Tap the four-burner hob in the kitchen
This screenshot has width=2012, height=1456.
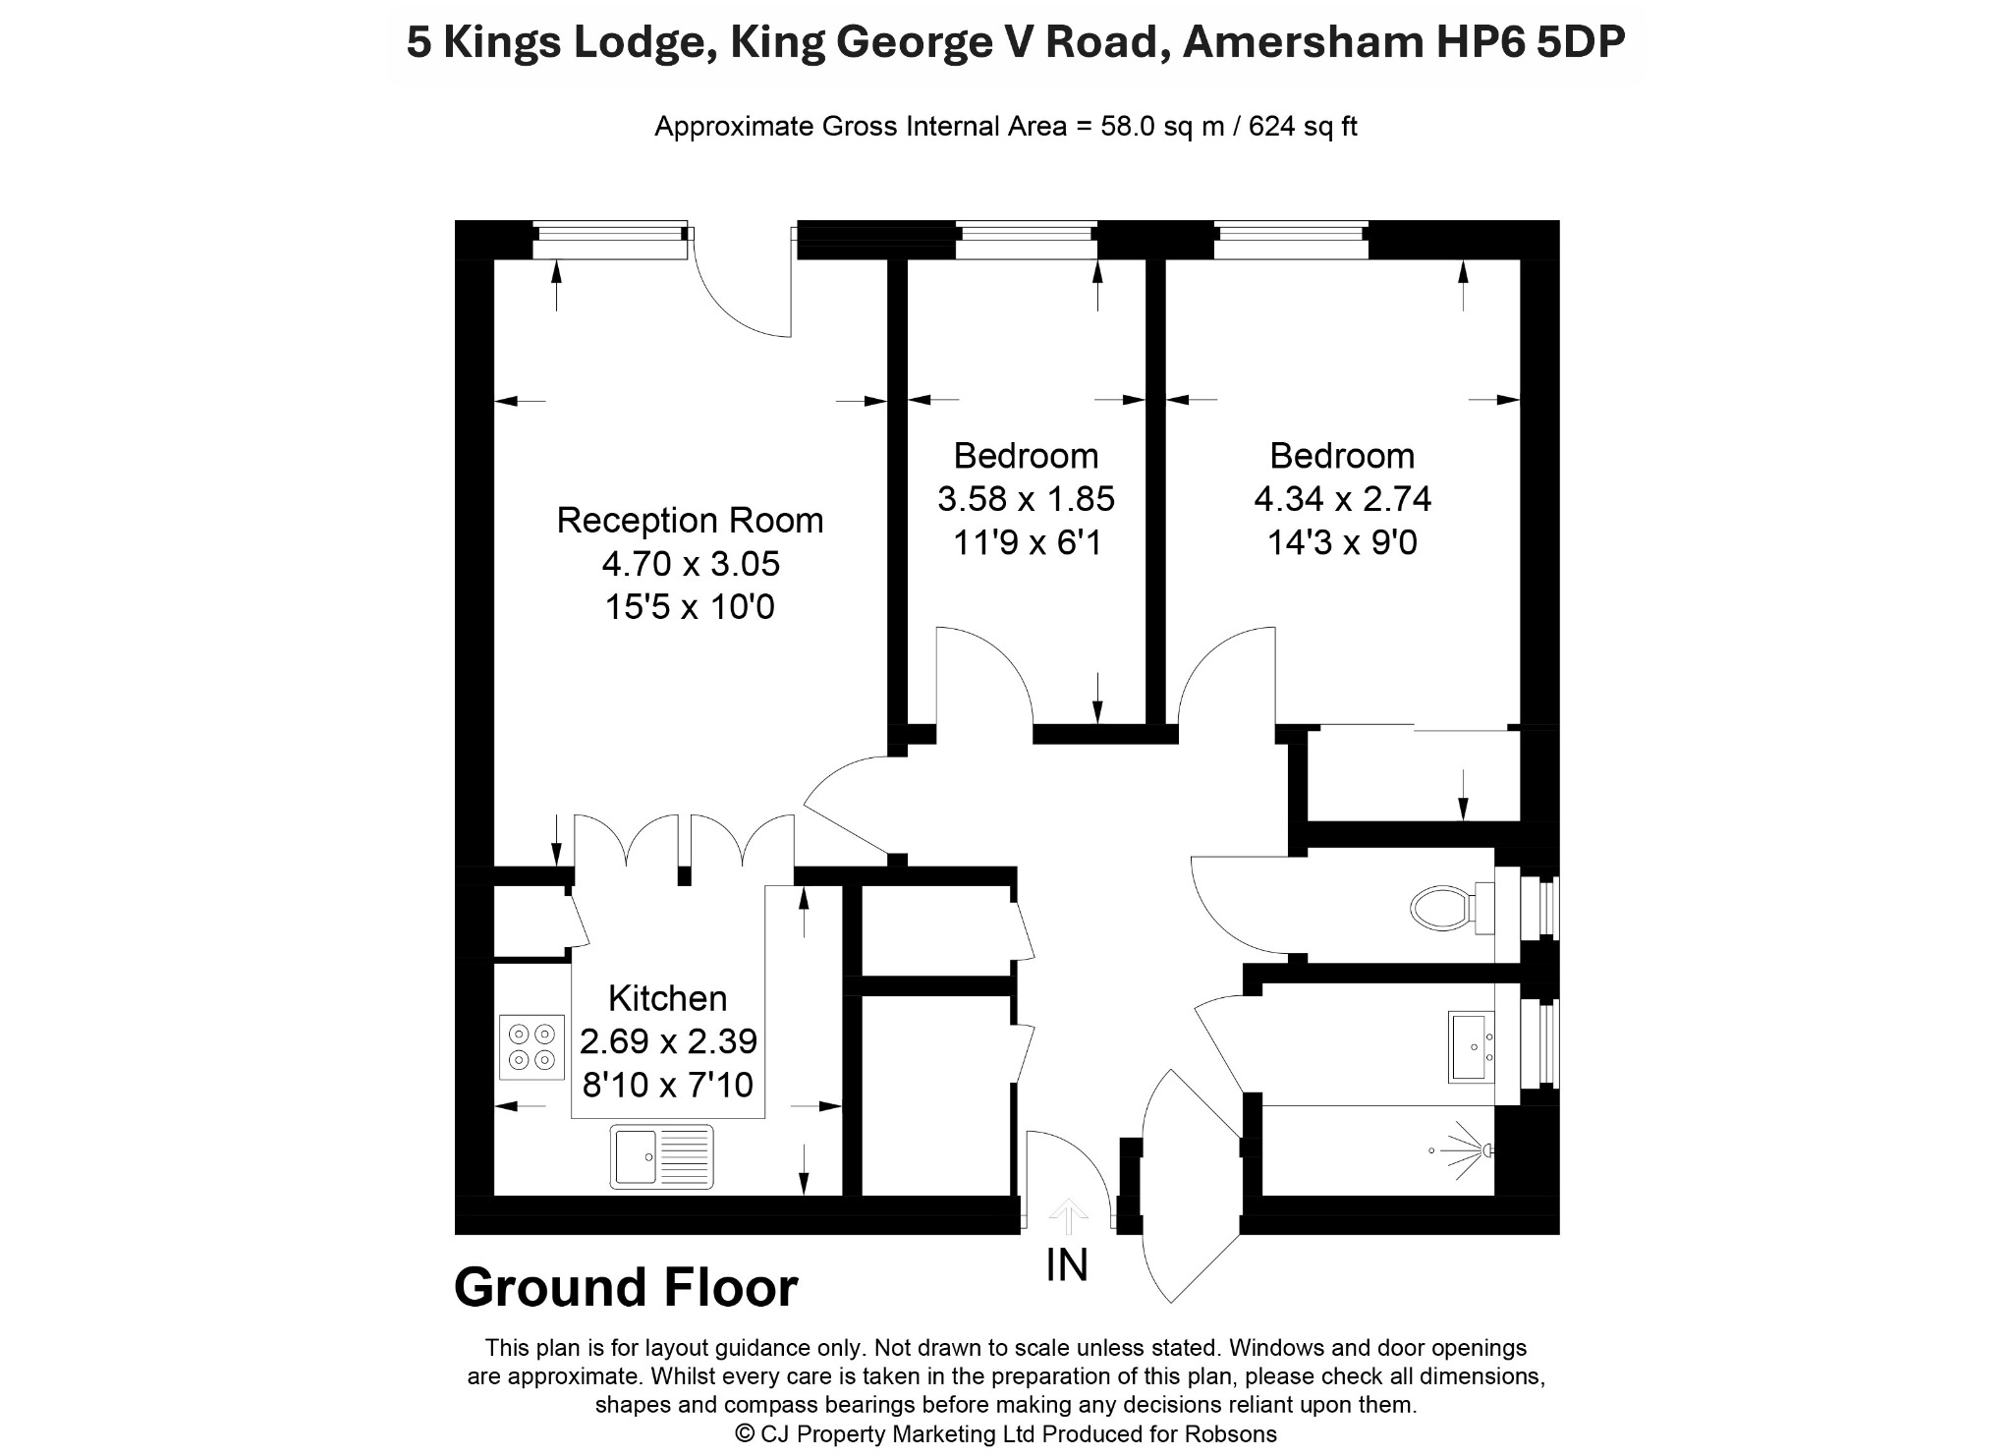(x=531, y=1046)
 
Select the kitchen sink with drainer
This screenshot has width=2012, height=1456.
(x=661, y=1156)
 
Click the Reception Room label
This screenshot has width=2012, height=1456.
(x=690, y=520)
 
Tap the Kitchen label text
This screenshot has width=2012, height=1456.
(x=668, y=998)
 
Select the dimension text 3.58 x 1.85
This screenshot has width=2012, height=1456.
(x=1026, y=499)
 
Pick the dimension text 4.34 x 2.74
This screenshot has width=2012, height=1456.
(x=1342, y=499)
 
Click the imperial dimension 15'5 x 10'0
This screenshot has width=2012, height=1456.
(x=690, y=607)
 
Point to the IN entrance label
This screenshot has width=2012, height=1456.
(x=1067, y=1265)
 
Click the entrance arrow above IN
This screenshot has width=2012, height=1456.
(x=1067, y=1216)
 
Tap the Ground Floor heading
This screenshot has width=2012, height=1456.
(x=626, y=1287)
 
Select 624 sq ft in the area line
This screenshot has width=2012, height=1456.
(x=1303, y=127)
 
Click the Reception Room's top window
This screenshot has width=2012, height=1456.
(x=610, y=240)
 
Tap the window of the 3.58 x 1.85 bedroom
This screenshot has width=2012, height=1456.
(x=1027, y=240)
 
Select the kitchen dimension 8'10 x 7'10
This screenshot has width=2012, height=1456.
(x=668, y=1085)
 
